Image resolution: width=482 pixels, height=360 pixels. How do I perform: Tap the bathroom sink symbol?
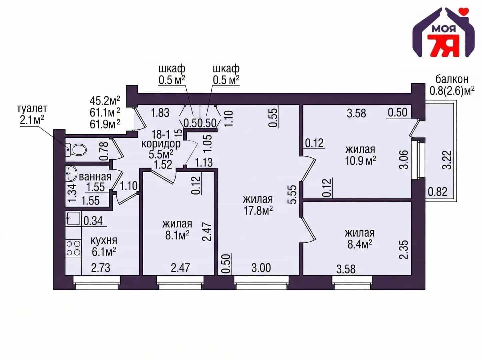71,173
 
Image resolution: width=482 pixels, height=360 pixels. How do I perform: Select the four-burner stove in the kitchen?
73,249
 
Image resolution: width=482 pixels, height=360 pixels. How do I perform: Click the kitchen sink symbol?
73,218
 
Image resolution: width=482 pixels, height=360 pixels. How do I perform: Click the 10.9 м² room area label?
360,161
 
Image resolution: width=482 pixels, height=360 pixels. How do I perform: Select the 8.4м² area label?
360,244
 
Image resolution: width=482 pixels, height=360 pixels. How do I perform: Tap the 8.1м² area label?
177,235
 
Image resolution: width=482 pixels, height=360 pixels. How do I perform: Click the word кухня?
104,241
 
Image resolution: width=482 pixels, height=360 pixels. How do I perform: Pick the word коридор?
161,144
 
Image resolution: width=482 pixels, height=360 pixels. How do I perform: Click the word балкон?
452,79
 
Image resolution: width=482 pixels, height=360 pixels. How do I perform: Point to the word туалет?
32,109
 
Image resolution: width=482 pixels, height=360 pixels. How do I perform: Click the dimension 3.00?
261,268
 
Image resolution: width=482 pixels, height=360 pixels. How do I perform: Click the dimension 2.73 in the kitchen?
101,268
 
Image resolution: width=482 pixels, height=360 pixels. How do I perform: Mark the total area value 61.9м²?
105,124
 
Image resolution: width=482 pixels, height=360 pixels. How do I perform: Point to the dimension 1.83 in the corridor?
160,113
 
